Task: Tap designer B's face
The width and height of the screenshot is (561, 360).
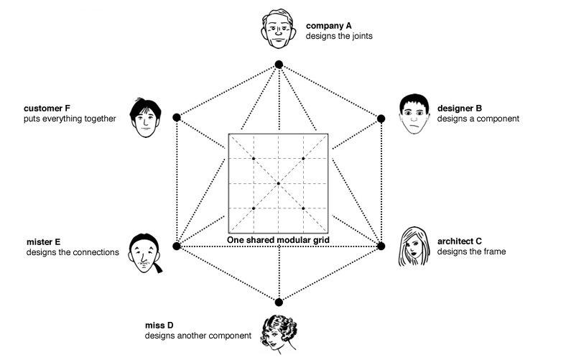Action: (x=411, y=115)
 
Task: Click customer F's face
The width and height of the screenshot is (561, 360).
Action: (x=146, y=119)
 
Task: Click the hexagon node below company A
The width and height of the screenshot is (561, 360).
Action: (x=279, y=65)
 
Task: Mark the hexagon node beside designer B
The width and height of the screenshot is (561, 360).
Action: (x=381, y=118)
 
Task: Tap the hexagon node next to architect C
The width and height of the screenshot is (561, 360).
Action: (x=381, y=246)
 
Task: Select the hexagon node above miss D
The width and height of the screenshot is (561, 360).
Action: (x=279, y=301)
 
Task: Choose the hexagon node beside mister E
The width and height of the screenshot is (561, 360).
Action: (x=176, y=246)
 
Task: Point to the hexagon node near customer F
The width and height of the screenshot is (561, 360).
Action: (x=176, y=117)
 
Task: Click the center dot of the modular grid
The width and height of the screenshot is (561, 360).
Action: (x=279, y=183)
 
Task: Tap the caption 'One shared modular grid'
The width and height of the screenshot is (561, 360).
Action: (x=279, y=239)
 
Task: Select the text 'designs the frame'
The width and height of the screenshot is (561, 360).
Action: (x=472, y=251)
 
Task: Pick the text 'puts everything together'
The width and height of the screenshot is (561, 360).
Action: (x=70, y=119)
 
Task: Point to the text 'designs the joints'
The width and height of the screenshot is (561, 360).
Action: (x=339, y=35)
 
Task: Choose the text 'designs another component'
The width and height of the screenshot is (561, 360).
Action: (x=198, y=335)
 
